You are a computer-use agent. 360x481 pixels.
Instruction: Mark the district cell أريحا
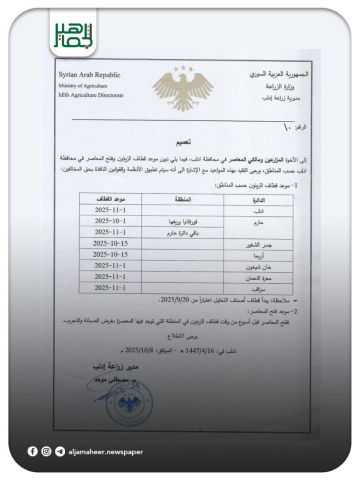[258, 254]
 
